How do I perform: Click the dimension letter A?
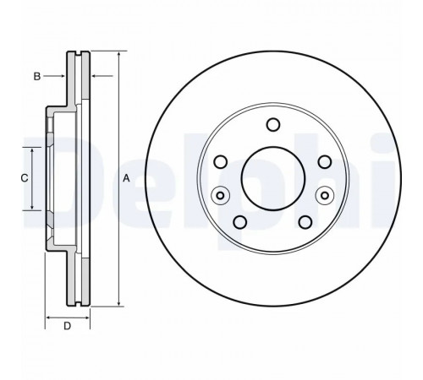point(126,178)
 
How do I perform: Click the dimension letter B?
point(37,76)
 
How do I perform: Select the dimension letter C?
point(25,178)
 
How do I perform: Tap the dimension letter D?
point(67,326)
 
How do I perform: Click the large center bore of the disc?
point(273,178)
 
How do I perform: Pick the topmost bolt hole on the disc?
point(273,124)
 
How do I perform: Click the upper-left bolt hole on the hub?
point(221,162)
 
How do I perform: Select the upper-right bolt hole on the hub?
point(325,162)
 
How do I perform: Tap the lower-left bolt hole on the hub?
point(240,222)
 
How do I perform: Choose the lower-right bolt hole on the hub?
point(305,222)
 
